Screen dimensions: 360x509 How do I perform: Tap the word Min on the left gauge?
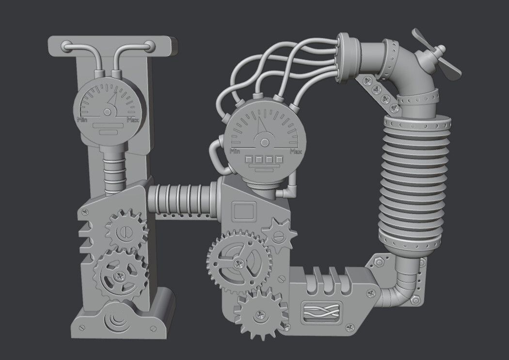(81, 119)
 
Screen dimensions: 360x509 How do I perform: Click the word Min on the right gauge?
(235, 151)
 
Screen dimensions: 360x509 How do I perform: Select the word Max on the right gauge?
(296, 151)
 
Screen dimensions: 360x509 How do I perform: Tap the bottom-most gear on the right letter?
(260, 313)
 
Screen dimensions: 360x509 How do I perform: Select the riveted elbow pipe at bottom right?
(401, 289)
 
